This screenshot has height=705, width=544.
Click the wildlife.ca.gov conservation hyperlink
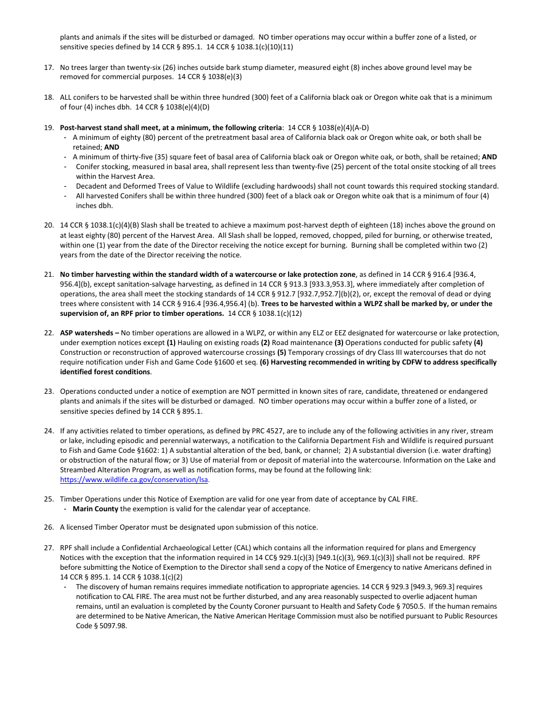134,480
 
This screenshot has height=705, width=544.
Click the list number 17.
49,68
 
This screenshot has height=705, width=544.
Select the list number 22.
49,333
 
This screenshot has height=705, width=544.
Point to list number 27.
49,549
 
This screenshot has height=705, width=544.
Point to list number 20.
49,225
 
